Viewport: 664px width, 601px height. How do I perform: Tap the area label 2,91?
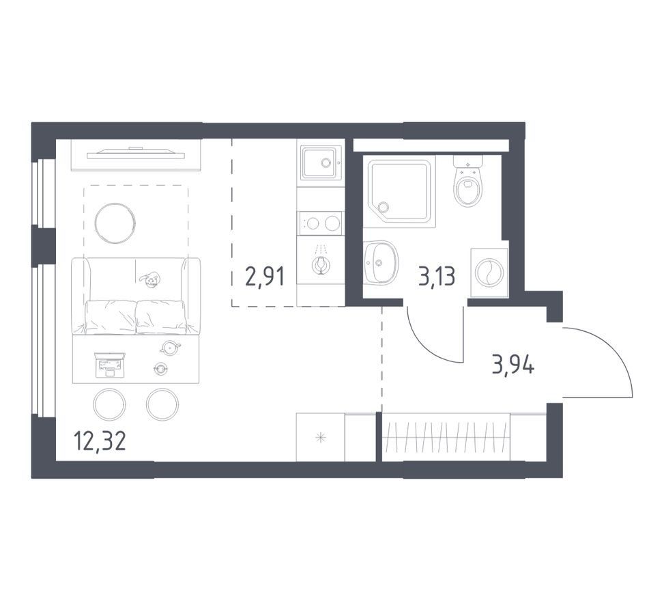pos(265,277)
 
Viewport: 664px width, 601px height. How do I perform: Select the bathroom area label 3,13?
pos(437,277)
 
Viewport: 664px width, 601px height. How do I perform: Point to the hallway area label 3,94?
pos(513,365)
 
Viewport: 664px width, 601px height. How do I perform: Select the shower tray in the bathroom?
pos(399,193)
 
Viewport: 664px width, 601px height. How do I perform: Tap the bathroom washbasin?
pos(381,262)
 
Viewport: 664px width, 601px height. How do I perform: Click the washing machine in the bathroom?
pos(489,272)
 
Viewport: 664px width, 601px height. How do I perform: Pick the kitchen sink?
pos(321,163)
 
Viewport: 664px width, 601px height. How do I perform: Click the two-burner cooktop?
pos(321,223)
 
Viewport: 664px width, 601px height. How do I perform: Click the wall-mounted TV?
pos(136,154)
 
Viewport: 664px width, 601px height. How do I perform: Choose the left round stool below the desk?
pos(109,404)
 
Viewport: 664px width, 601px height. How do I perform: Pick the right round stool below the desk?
pos(162,404)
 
